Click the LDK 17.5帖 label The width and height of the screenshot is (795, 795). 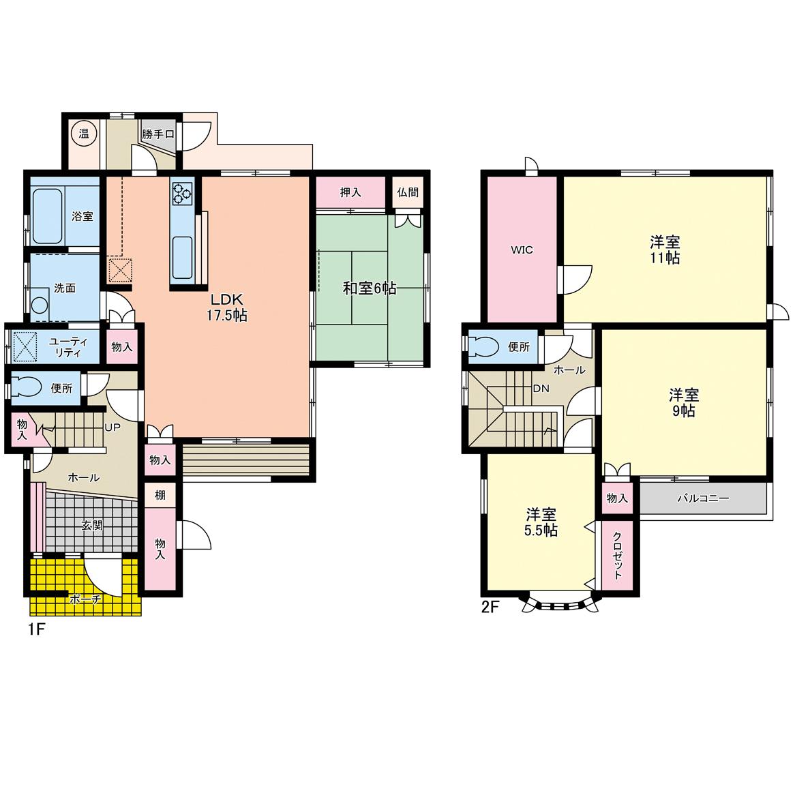(x=226, y=307)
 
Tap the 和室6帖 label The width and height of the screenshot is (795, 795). (x=370, y=288)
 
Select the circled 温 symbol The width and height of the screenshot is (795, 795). (x=84, y=134)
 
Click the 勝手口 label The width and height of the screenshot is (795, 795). (x=158, y=134)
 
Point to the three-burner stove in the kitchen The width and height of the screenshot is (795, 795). (x=183, y=193)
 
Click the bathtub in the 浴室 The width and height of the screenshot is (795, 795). (x=48, y=216)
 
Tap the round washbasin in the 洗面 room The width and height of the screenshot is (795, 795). (x=39, y=305)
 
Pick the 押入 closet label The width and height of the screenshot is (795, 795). (x=350, y=193)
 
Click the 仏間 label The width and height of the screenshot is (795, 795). (x=408, y=192)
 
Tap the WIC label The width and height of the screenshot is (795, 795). (x=522, y=250)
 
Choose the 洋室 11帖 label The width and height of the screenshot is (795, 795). (x=665, y=250)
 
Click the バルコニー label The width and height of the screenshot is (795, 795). (x=703, y=498)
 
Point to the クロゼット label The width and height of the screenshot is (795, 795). (x=618, y=555)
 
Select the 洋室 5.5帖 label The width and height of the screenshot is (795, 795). (x=541, y=522)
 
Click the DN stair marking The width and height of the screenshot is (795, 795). (x=541, y=389)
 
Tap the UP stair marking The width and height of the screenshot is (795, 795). (x=112, y=427)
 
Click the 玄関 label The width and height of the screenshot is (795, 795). (x=92, y=525)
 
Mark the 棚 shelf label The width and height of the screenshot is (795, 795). (x=160, y=494)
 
